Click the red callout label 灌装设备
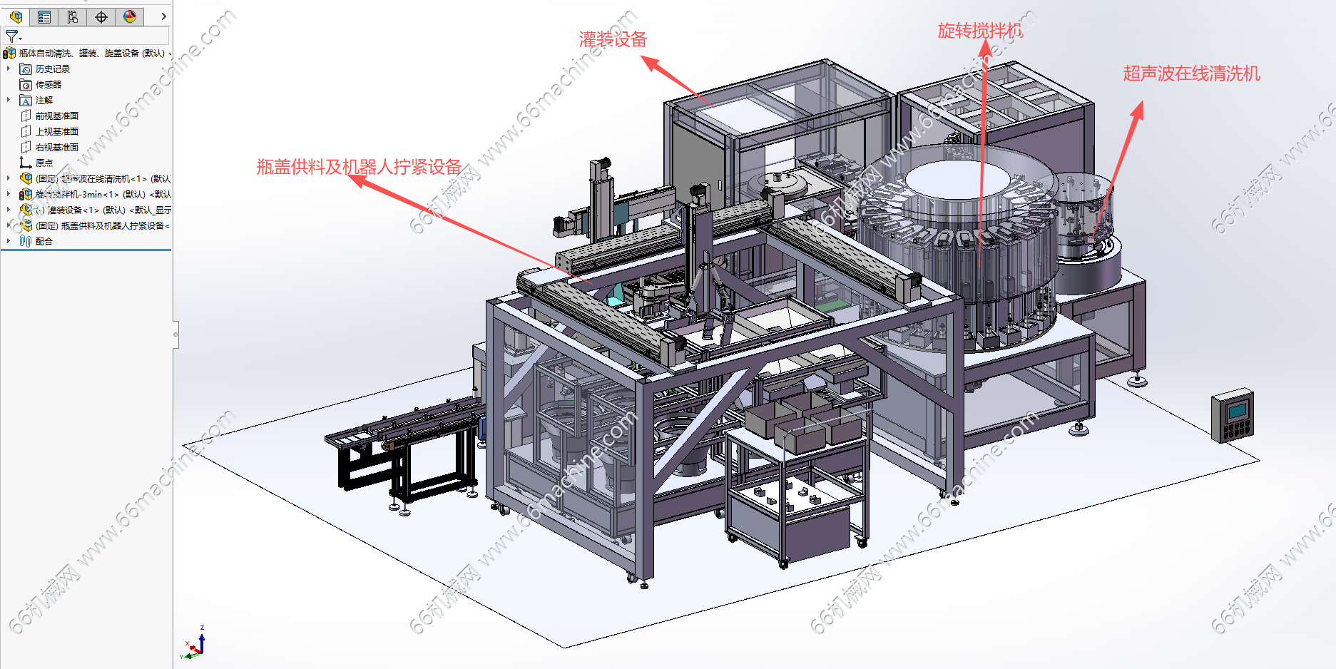point(613,40)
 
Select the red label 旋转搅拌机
point(979,31)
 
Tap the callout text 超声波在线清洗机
point(1191,73)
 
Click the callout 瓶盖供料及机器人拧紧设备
point(359,167)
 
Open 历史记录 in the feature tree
point(52,69)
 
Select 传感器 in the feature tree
point(48,85)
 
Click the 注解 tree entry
point(44,101)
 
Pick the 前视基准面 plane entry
point(56,116)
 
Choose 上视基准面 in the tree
point(56,132)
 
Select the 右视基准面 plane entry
point(56,148)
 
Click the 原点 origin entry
point(44,163)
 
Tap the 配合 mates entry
point(44,242)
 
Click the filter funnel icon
point(11,36)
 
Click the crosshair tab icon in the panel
point(101,16)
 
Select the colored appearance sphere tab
point(130,16)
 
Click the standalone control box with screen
point(1232,415)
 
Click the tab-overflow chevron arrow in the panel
point(163,16)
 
